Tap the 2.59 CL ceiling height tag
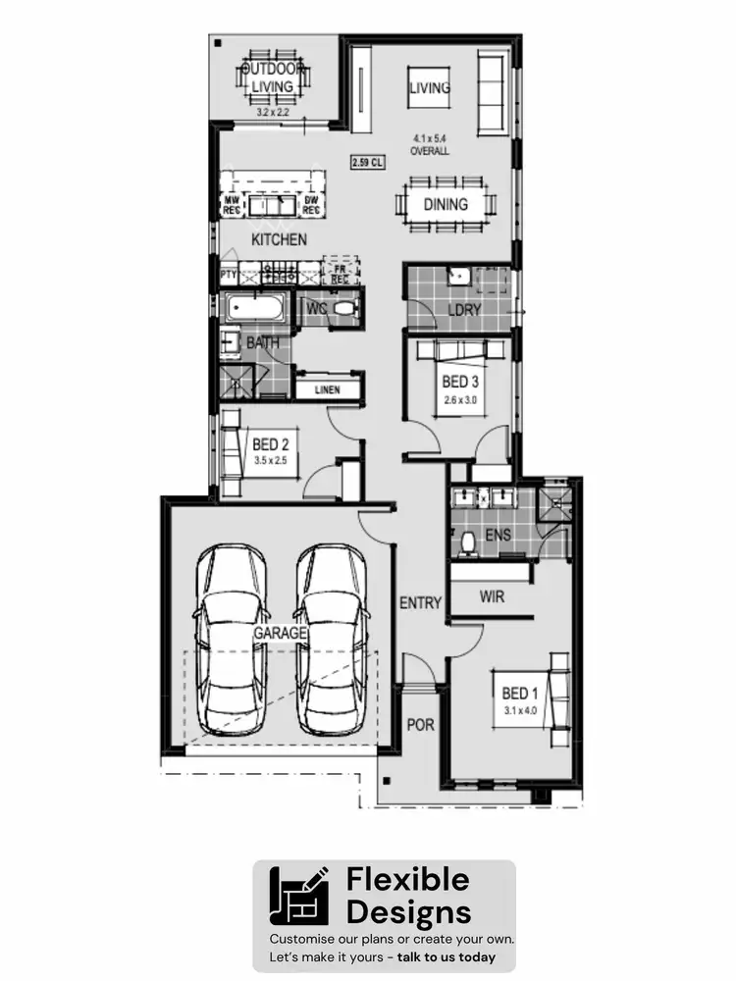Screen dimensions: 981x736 pyautogui.click(x=366, y=163)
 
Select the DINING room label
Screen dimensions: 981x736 pyautogui.click(x=446, y=205)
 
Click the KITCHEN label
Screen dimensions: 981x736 pyautogui.click(x=279, y=239)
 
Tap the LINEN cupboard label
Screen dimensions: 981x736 pyautogui.click(x=327, y=389)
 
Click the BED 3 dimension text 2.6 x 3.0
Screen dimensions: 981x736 pyautogui.click(x=460, y=400)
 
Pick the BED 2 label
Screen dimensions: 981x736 pyautogui.click(x=270, y=443)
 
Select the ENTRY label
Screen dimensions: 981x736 pyautogui.click(x=420, y=602)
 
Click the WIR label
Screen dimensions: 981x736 pyautogui.click(x=492, y=596)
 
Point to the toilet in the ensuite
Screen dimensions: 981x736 pyautogui.click(x=468, y=542)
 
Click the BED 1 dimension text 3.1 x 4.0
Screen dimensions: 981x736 pyautogui.click(x=520, y=709)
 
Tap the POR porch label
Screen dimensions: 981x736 pyautogui.click(x=420, y=725)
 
